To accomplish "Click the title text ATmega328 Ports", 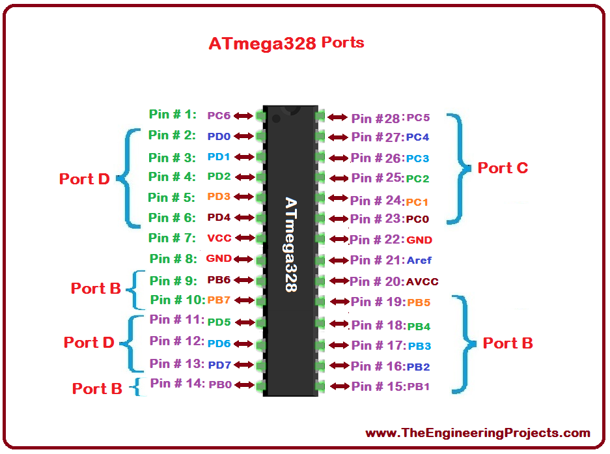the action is [x=286, y=43].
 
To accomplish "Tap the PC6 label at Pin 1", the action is [x=219, y=116].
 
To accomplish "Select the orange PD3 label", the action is [x=219, y=196].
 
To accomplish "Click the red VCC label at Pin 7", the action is [x=219, y=238].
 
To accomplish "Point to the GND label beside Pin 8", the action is [x=219, y=258].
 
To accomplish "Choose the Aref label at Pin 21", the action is [x=419, y=260].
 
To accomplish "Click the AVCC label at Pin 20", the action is [x=422, y=281].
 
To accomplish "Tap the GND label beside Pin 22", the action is [x=419, y=240].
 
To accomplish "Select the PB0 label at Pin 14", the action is [x=220, y=385].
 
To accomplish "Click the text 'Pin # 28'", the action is [x=376, y=118].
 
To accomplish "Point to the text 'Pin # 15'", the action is [x=376, y=386].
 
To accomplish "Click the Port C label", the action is [x=503, y=168].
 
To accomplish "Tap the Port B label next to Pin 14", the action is [x=97, y=389].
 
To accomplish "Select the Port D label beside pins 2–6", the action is [x=85, y=178].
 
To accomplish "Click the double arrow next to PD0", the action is [x=244, y=136].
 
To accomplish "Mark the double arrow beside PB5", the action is [x=340, y=302].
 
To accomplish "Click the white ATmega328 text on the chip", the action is [x=291, y=244].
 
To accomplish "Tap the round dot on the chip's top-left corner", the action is [x=276, y=118].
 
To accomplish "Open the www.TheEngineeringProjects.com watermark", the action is [x=478, y=433].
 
